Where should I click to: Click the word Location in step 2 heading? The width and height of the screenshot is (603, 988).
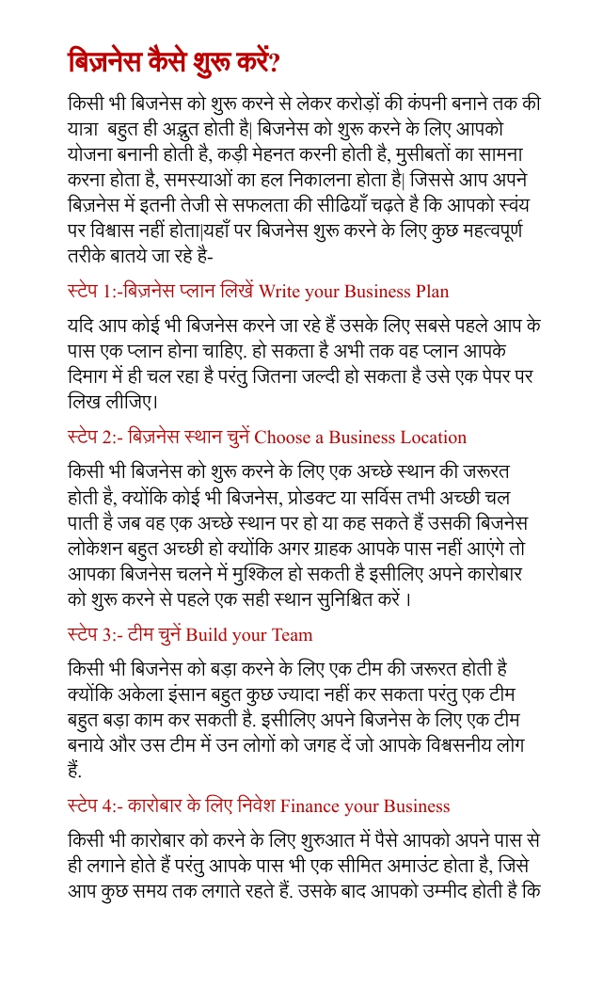tap(433, 437)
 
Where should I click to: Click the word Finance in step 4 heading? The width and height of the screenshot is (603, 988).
tap(312, 806)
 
